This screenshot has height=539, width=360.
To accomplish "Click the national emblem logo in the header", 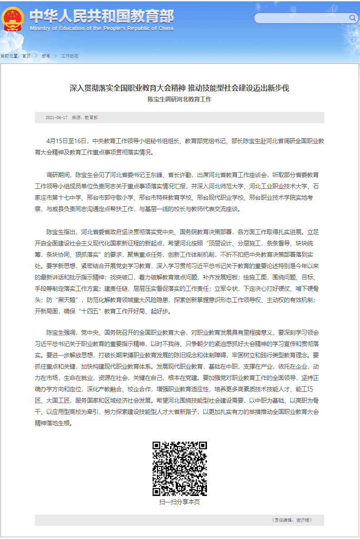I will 13,19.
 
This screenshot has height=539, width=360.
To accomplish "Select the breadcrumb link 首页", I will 26,56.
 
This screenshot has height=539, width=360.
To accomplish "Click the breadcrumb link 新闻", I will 46,56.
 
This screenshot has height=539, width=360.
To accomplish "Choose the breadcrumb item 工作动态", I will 70,56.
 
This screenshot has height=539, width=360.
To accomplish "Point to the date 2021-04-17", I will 56,118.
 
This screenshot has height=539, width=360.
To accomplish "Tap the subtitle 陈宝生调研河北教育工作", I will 179,99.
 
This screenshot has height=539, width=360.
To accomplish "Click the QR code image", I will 179,468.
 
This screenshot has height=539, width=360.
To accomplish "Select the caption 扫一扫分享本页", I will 179,502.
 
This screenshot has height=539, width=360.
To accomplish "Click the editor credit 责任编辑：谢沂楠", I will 292,520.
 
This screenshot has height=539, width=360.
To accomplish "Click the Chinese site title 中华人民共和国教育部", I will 101,16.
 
